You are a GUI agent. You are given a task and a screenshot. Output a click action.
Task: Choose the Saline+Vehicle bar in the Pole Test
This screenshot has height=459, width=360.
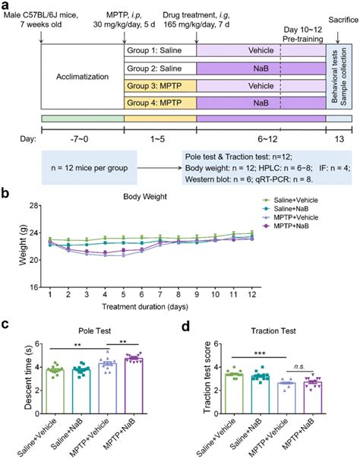point(76,391)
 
